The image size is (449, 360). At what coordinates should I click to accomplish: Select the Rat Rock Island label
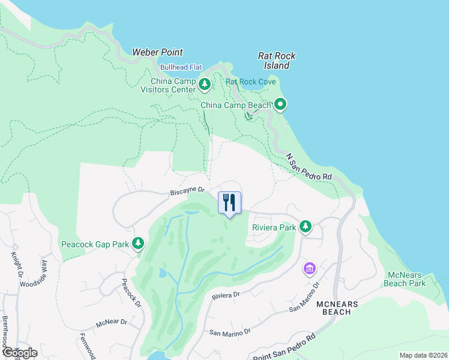[277, 61]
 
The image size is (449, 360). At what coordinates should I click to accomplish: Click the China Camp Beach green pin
[280, 104]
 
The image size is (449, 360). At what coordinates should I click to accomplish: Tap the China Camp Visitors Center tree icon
[205, 85]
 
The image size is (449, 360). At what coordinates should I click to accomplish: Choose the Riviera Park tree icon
[306, 226]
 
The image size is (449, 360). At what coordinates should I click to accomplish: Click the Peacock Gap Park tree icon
[139, 243]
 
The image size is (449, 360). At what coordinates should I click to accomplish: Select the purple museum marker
[310, 268]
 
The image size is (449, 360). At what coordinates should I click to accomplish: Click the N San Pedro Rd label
[309, 167]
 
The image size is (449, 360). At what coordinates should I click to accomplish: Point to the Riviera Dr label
[226, 295]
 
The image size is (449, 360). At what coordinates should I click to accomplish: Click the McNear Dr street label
[112, 323]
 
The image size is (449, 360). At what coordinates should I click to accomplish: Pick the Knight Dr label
[14, 263]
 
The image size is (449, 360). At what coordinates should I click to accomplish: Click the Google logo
[20, 353]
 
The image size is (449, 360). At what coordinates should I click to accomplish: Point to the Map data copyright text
[423, 355]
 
